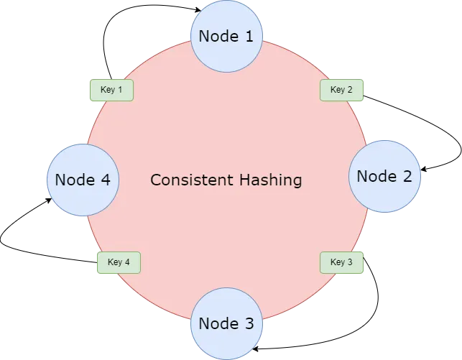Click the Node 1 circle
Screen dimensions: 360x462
coord(226,36)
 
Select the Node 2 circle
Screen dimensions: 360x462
coord(384,176)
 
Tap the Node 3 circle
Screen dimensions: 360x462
coord(226,323)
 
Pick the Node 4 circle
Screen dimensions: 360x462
coord(83,180)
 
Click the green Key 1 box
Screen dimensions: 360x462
coord(111,90)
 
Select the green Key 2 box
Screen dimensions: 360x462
coord(341,90)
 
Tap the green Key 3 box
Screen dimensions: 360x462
coord(341,262)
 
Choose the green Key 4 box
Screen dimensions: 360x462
coord(119,262)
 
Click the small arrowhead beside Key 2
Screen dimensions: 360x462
coord(366,95)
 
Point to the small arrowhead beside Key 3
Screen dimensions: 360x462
coord(366,259)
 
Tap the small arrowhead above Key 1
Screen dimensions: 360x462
coord(111,77)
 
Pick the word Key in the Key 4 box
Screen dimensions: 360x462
coord(114,262)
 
